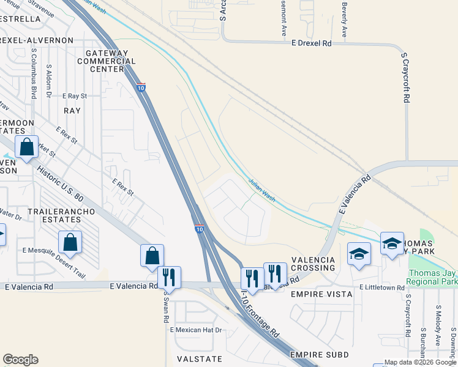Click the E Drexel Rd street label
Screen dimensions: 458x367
click(312, 43)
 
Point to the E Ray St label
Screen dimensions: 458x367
click(75, 96)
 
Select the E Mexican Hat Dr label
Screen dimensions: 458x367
click(196, 330)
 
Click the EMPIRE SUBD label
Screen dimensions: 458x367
click(319, 355)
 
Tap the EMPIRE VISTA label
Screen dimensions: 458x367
click(321, 294)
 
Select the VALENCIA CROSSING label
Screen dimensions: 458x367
click(313, 264)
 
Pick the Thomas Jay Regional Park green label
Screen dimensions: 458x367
click(432, 278)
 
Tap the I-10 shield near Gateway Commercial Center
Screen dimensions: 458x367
click(141, 87)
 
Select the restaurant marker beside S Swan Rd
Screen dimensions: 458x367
click(169, 277)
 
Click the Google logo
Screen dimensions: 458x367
click(20, 360)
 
